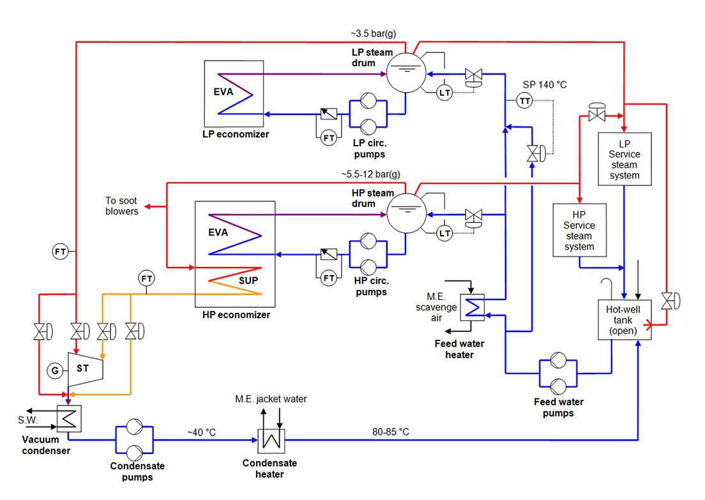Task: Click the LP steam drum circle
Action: (407, 73)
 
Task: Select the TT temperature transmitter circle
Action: (525, 101)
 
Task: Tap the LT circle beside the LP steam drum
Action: (444, 93)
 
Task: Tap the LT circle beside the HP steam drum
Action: (444, 234)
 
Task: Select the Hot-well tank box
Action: (625, 320)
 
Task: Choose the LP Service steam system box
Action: (625, 159)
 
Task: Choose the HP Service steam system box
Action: (579, 230)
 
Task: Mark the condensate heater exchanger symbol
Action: (271, 440)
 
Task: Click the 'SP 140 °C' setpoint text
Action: (545, 84)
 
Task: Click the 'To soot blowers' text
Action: (122, 206)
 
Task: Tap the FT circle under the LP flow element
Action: (329, 137)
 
